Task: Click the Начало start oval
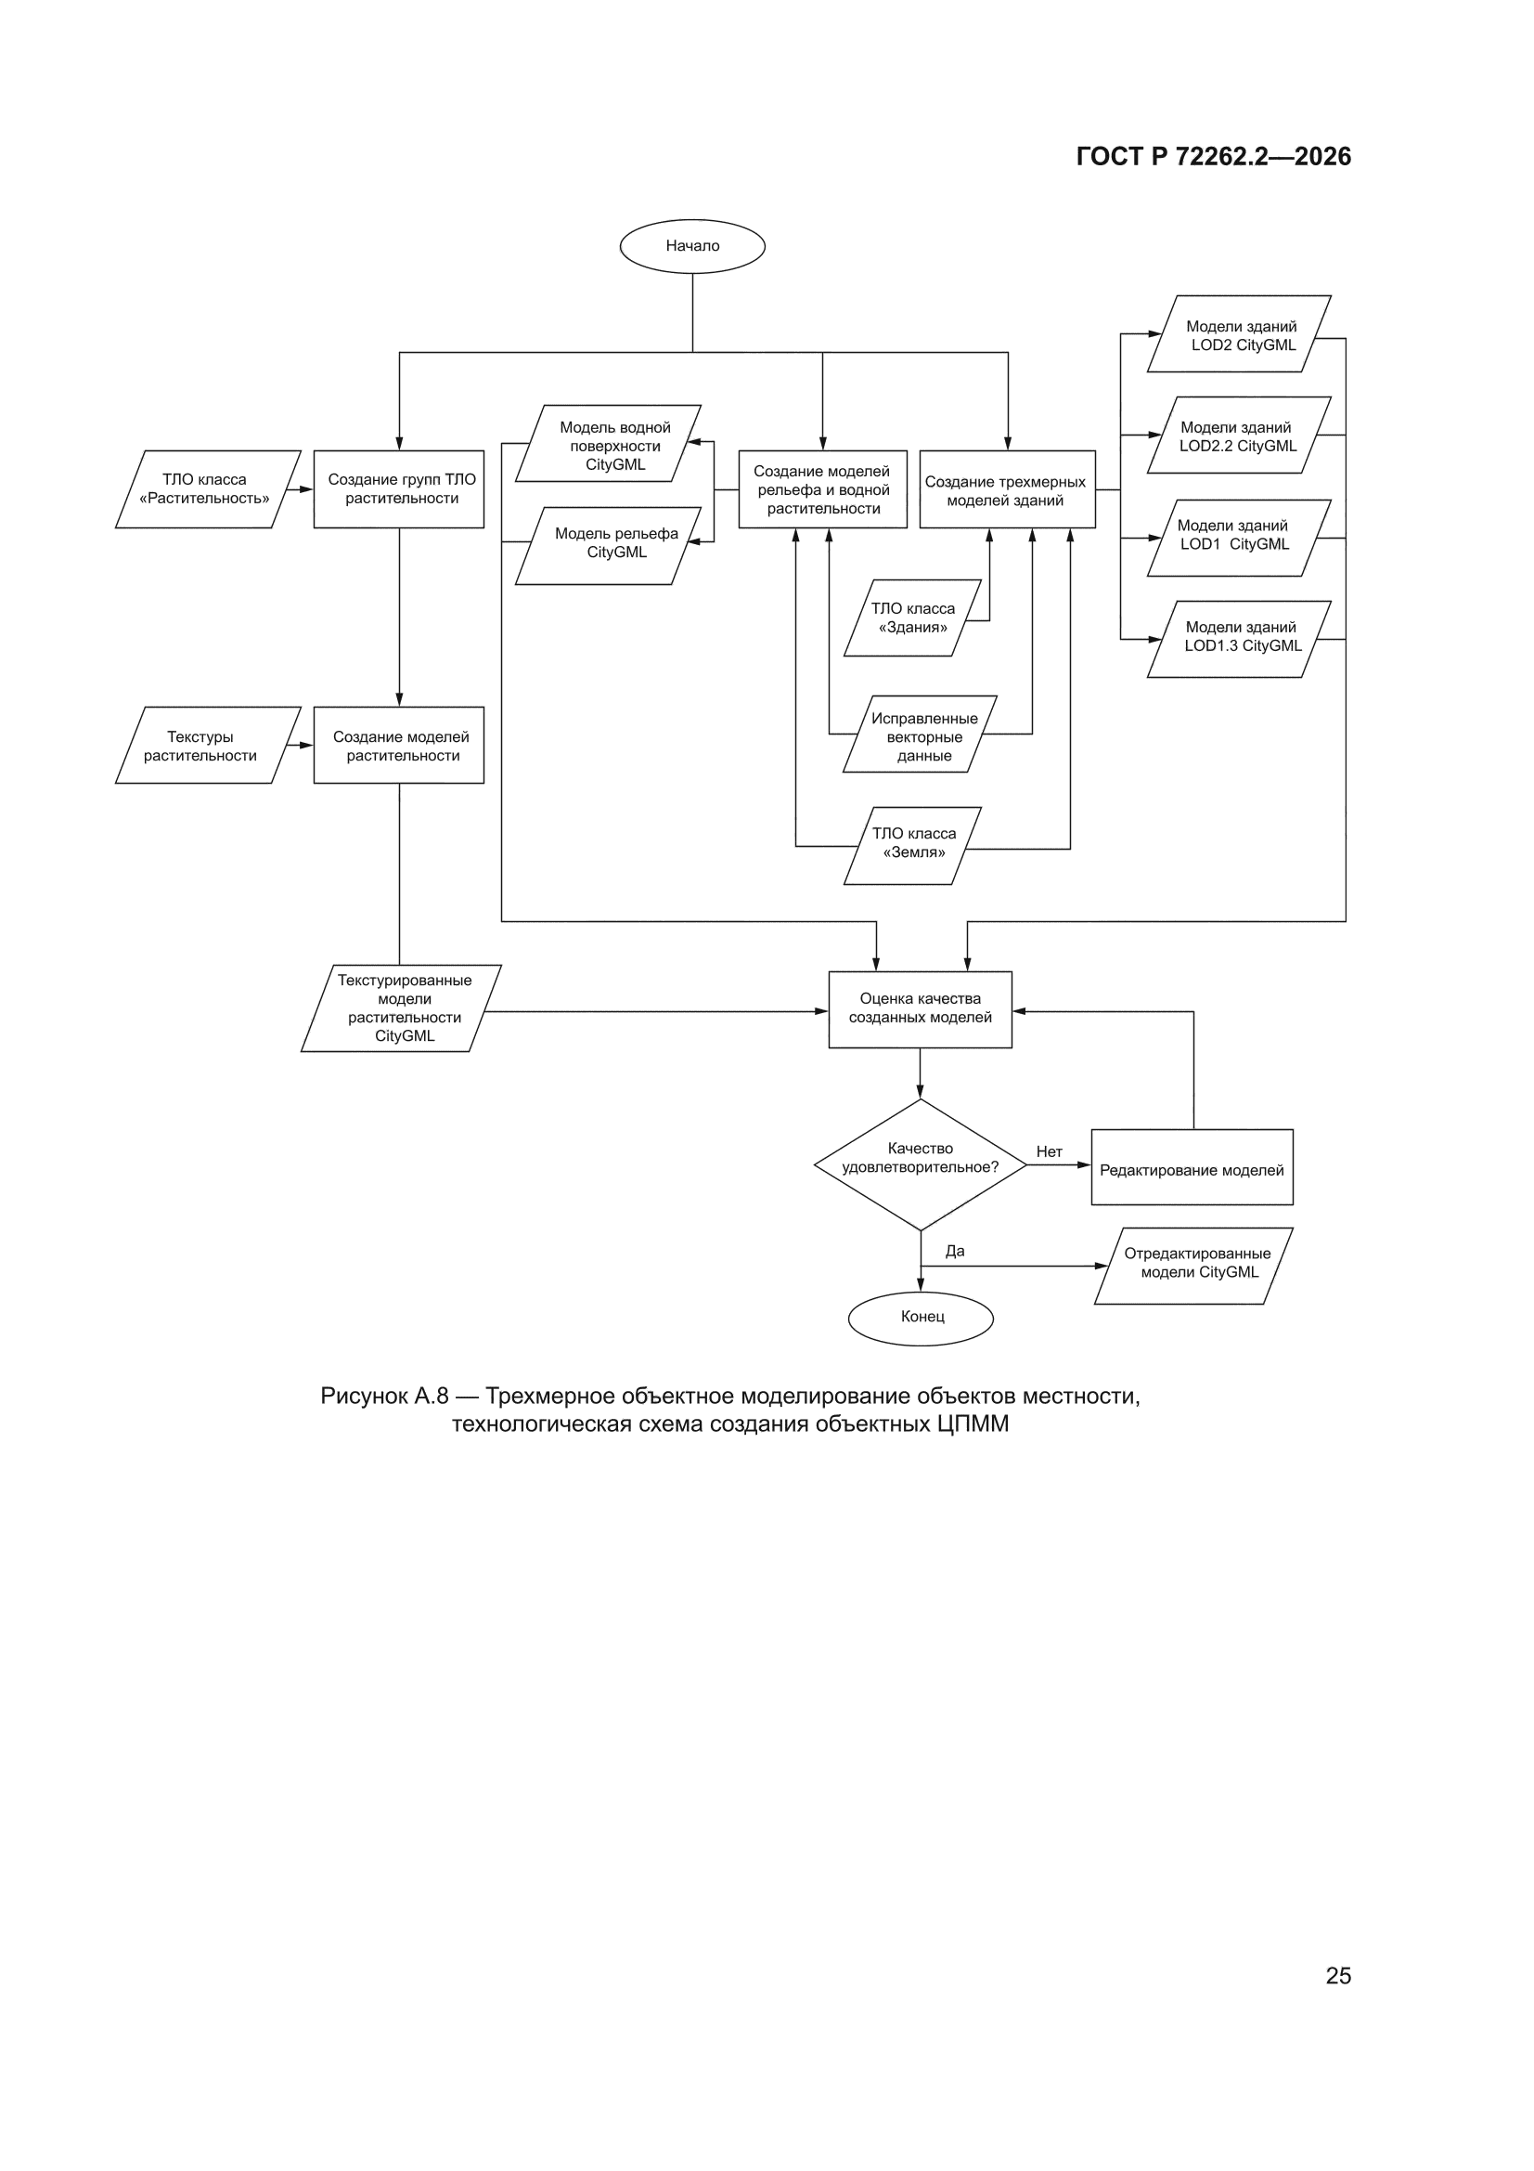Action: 692,246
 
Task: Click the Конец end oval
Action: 921,1319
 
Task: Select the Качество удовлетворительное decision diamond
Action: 921,1165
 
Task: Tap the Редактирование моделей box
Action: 1192,1167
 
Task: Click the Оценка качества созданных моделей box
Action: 921,1009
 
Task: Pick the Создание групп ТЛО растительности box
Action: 399,488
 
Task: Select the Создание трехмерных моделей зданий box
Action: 1008,488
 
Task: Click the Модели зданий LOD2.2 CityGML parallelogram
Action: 1239,435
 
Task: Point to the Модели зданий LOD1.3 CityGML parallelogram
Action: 1239,639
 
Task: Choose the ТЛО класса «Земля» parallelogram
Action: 912,845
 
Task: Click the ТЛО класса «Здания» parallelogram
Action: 912,617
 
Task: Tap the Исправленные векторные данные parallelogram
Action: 920,734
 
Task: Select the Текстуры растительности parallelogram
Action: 208,745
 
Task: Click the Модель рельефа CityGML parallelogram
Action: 608,546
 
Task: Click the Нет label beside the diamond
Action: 1050,1151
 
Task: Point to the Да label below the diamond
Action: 955,1251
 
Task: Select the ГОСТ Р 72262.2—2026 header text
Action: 1214,156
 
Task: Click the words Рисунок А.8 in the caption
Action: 384,1396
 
